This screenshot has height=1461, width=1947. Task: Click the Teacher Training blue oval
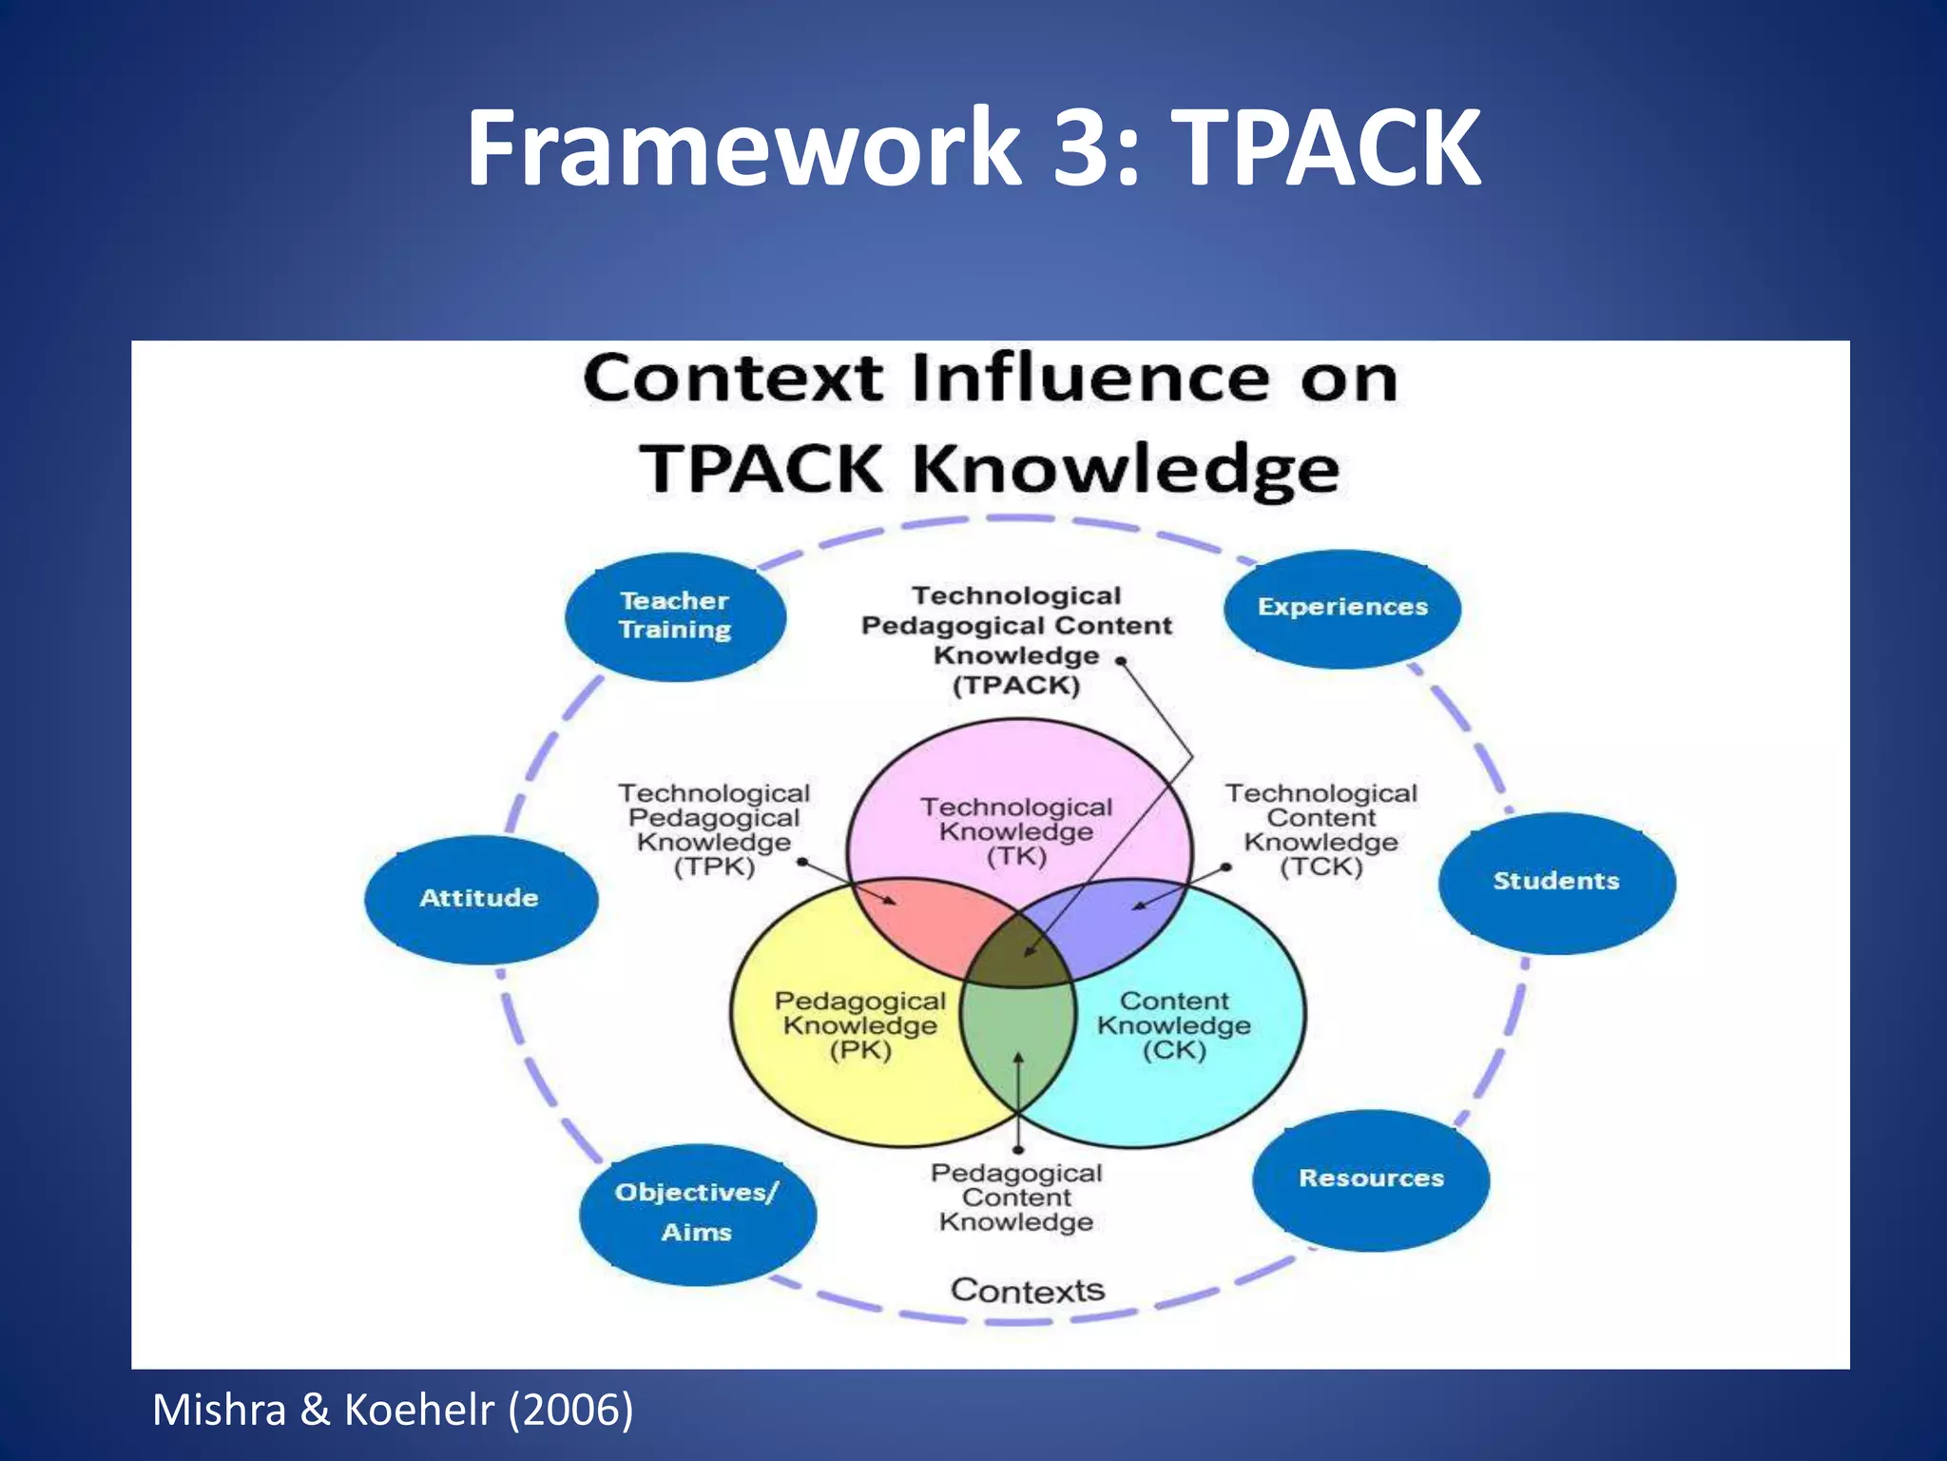(675, 615)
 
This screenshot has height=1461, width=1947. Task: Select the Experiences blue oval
(1341, 608)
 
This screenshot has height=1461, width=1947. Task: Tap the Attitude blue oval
(480, 898)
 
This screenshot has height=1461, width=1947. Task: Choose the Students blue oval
(1556, 882)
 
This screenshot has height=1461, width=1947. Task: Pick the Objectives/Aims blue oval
(697, 1213)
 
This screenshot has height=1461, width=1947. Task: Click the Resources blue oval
(1370, 1179)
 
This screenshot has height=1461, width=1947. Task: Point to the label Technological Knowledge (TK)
(1016, 831)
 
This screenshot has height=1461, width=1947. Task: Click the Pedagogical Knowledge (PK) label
(859, 1025)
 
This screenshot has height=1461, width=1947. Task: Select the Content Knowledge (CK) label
(1174, 1025)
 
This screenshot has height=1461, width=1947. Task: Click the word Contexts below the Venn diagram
(1028, 1291)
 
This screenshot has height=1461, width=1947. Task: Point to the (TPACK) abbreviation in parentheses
(1016, 686)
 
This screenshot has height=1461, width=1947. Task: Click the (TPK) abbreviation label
(713, 867)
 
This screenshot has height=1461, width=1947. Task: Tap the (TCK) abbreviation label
(1320, 867)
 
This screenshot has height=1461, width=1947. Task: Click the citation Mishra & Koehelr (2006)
(393, 1410)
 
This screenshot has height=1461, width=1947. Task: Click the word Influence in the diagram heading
(1090, 379)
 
